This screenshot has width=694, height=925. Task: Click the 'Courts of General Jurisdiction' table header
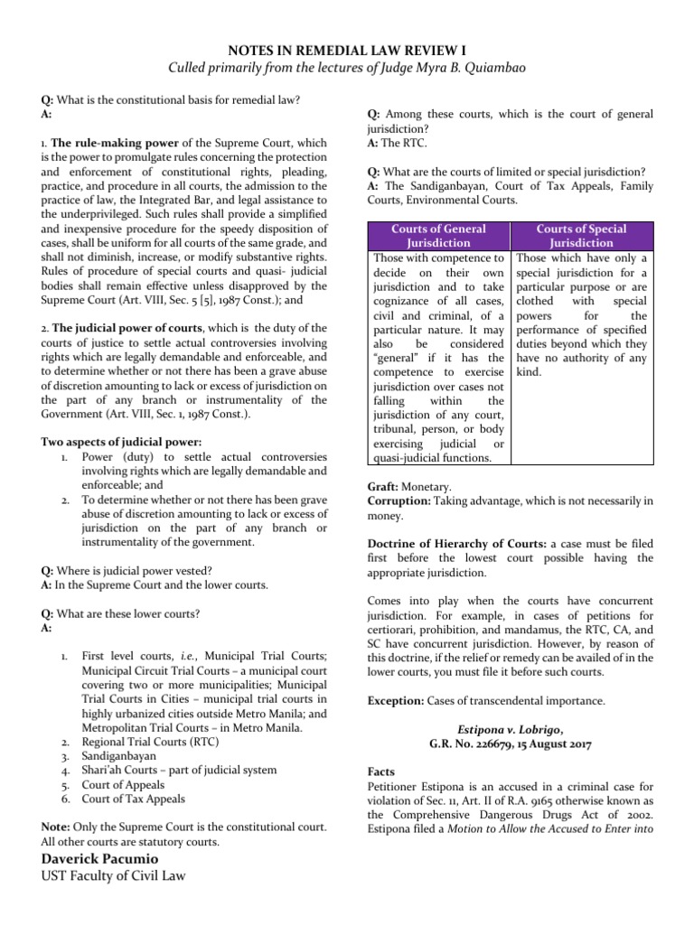click(438, 236)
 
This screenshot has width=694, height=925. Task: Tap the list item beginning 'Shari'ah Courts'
click(179, 770)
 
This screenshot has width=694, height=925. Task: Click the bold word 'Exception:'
click(400, 700)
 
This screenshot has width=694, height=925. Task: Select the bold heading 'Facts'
click(382, 772)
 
